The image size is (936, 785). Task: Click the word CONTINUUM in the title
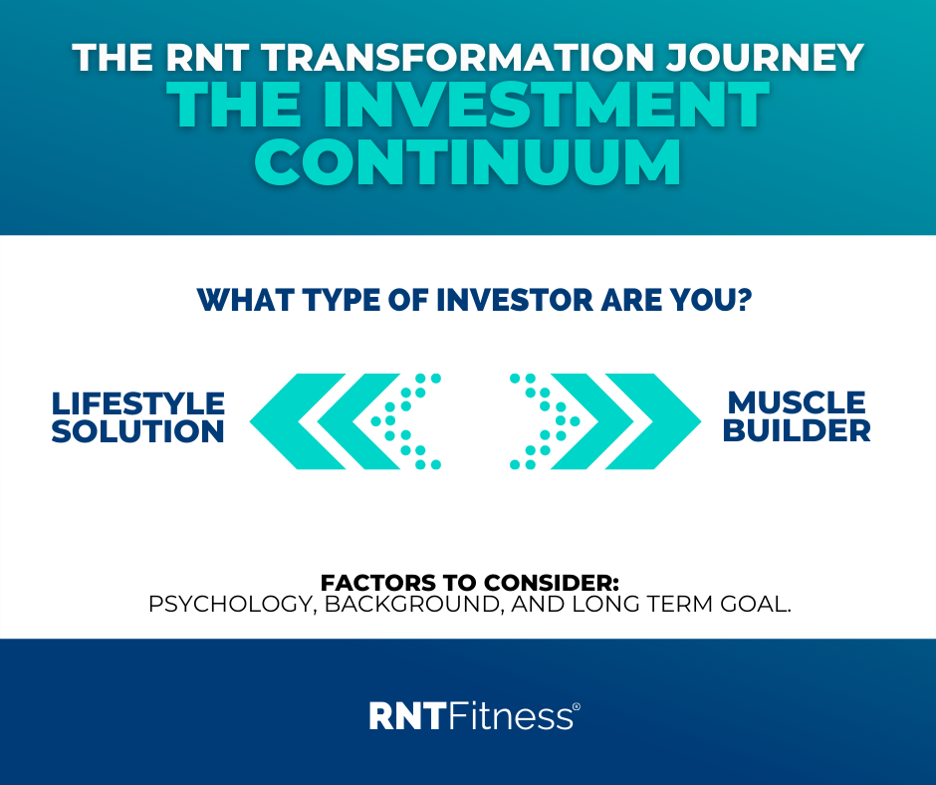[468, 162]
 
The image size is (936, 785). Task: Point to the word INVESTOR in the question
[515, 300]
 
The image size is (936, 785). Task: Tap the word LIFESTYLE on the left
[137, 403]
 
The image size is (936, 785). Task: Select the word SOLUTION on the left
[137, 431]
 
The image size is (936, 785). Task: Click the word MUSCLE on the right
[797, 402]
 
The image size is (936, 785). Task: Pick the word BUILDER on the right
[797, 430]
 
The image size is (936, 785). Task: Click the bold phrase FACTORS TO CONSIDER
[469, 583]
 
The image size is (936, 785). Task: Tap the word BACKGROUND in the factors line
[413, 604]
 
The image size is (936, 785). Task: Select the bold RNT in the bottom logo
[407, 715]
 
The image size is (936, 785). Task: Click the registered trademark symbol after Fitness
[577, 706]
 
